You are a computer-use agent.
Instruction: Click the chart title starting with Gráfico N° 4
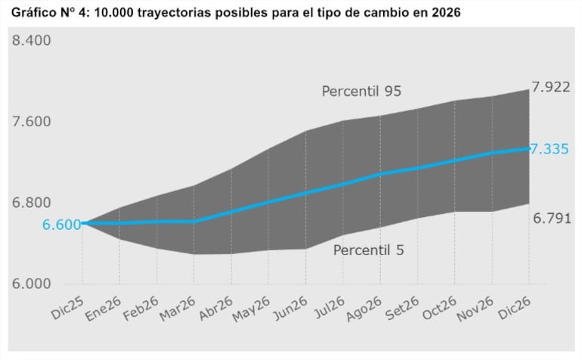pos(235,13)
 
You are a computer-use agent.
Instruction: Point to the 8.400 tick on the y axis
pos(32,40)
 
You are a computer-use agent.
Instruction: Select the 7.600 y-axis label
pos(32,122)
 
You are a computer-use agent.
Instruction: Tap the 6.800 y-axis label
pos(32,203)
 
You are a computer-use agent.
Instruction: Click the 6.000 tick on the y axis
pos(32,284)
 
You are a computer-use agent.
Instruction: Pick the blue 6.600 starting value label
pos(61,225)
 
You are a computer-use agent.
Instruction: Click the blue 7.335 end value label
pos(549,149)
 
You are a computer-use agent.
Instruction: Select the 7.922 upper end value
pos(550,88)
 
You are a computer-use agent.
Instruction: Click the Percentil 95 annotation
pos(361,92)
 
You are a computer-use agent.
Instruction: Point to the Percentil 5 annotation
pos(368,250)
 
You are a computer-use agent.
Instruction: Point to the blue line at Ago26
pos(379,174)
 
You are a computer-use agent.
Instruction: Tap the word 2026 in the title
pos(444,13)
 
